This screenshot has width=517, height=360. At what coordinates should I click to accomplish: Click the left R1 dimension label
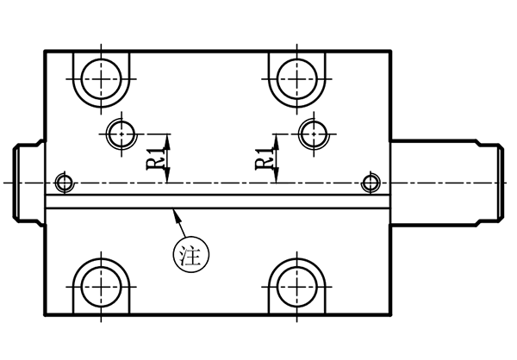[151, 162]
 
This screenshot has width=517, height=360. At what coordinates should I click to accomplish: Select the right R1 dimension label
[260, 161]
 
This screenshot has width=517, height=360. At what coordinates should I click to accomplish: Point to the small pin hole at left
[61, 182]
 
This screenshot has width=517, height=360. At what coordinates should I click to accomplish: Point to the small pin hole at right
[371, 182]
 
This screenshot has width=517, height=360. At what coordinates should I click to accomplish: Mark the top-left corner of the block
[44, 50]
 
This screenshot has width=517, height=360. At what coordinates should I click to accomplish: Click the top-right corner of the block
[391, 50]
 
